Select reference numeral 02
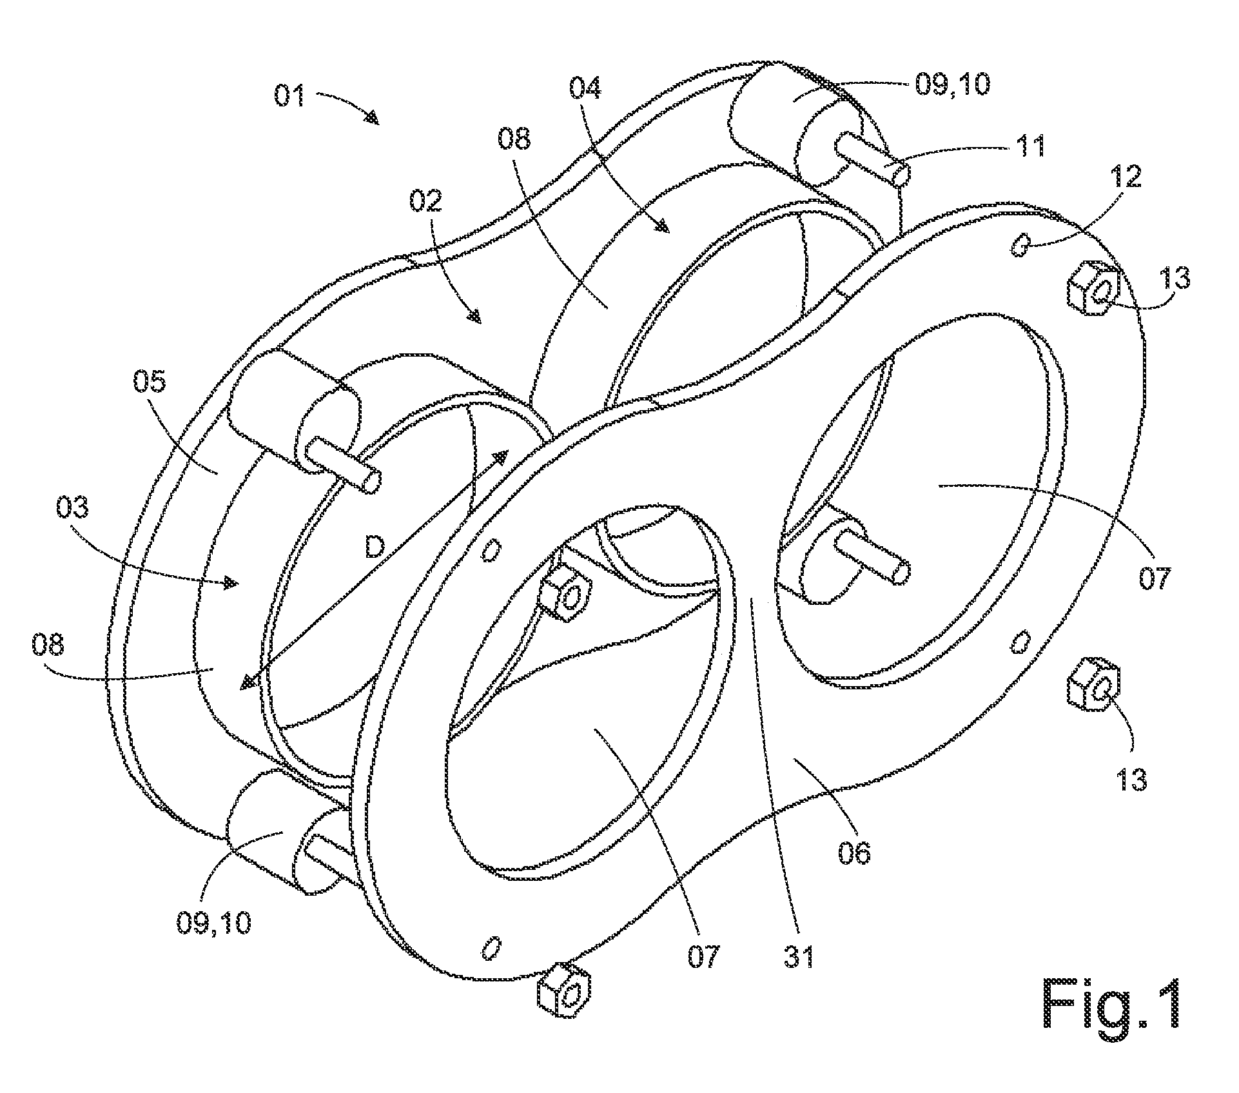click(x=426, y=201)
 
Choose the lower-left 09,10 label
click(x=213, y=925)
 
